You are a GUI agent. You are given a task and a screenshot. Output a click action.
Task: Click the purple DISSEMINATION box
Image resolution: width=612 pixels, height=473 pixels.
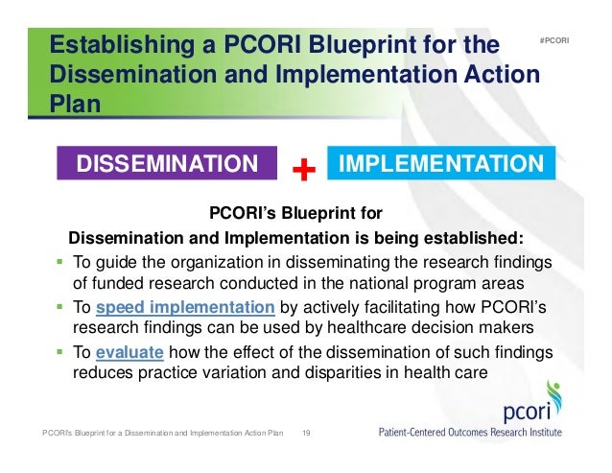pos(168,163)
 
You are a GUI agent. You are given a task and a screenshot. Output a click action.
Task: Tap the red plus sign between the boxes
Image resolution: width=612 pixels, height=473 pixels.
pos(303,172)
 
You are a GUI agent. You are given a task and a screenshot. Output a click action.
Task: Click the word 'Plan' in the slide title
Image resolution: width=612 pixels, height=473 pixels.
pos(75,104)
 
